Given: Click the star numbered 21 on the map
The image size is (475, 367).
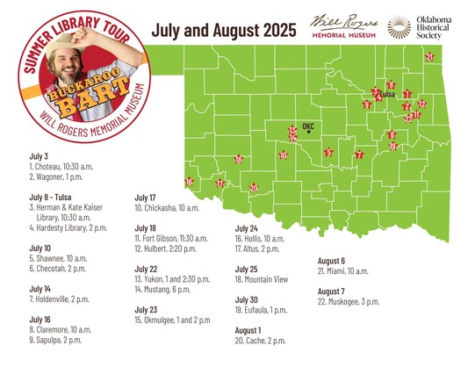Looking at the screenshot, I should coord(429,57).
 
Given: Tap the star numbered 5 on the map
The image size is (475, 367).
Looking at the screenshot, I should coord(328,153).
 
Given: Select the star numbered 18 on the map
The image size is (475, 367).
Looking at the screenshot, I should coord(238,160).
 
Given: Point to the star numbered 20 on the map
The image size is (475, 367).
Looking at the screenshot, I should coord(254,188).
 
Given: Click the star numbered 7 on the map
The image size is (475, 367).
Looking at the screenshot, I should coord(358,155).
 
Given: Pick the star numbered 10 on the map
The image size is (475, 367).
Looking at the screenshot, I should coord(283,155).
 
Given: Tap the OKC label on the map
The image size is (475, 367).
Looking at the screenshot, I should coord(308,126).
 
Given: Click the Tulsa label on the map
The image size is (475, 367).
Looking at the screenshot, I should coord(385,92).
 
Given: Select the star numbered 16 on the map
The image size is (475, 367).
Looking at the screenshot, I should coord(190,182).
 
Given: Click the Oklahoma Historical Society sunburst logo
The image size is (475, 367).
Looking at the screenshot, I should coord(399,27).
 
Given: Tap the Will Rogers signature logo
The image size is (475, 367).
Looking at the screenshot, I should coord(343,25).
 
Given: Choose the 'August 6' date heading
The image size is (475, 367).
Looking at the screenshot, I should coord(332,261).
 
